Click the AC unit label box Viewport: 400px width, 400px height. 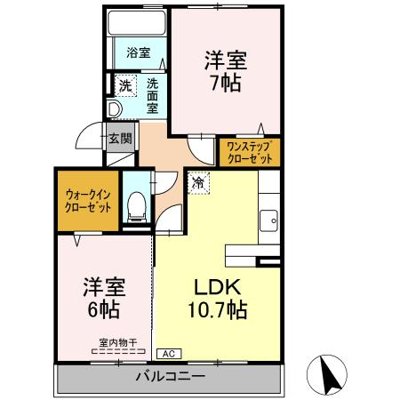(x=169, y=354)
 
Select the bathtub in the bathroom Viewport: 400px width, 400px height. (x=137, y=23)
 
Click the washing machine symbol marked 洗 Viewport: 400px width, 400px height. (x=125, y=85)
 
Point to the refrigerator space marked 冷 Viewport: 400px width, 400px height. (x=198, y=183)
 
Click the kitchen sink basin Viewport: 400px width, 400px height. (x=268, y=220)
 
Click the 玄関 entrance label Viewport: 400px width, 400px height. (x=120, y=138)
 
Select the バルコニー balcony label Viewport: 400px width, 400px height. (x=171, y=377)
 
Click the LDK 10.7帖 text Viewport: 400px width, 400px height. (x=218, y=299)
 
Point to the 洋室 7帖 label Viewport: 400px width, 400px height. (x=226, y=71)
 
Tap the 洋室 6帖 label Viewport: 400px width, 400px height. (x=104, y=298)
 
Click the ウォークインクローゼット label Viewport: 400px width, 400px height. (x=88, y=202)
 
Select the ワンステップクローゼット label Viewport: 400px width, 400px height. (x=250, y=153)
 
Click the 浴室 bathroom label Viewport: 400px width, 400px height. (x=139, y=52)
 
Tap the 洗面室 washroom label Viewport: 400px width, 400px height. (x=153, y=96)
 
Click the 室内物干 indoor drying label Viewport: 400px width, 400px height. (x=118, y=343)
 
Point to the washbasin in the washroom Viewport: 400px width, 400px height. (x=115, y=109)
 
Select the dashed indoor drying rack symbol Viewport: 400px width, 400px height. (x=118, y=351)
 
